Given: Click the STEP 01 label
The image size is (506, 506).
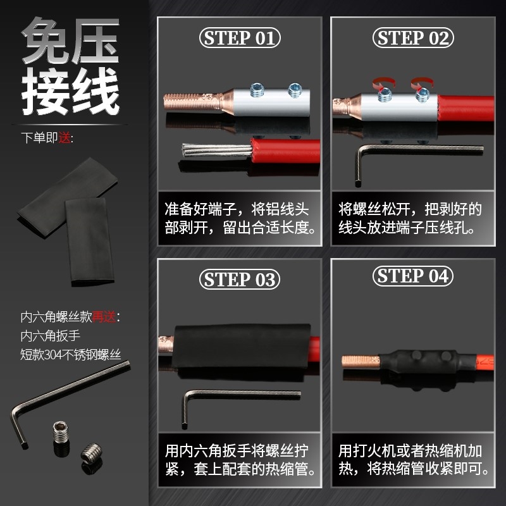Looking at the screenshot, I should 240,38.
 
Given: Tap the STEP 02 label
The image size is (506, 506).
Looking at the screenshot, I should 414,38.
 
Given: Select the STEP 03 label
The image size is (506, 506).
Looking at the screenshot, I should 240,279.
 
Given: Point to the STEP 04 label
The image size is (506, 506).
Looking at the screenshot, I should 414,276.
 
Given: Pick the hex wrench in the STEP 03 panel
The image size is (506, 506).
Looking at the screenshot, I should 240,395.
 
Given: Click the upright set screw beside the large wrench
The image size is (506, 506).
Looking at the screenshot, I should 60,436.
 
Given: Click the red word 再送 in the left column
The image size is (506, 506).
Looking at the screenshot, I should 105,317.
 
